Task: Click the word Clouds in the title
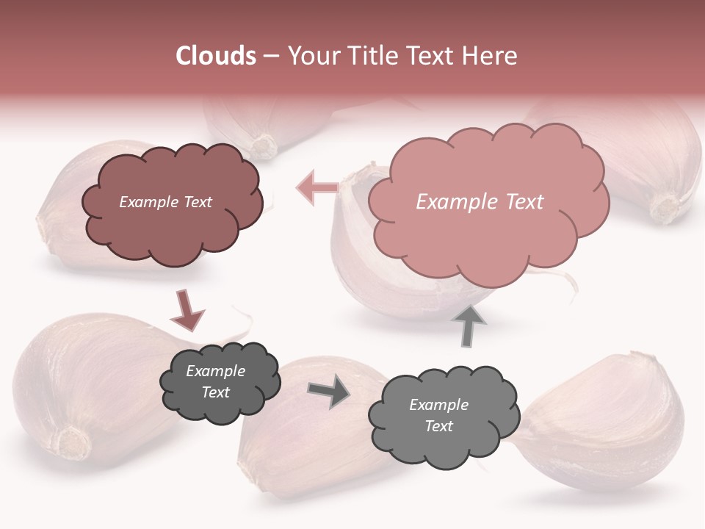(x=216, y=56)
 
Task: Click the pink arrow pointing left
(x=316, y=187)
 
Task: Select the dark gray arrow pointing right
(x=330, y=392)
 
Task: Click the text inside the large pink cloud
(x=480, y=202)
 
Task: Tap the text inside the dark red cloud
(x=165, y=202)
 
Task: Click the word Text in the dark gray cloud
(x=215, y=392)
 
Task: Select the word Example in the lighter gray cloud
(x=438, y=405)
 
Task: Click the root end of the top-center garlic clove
(x=262, y=145)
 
